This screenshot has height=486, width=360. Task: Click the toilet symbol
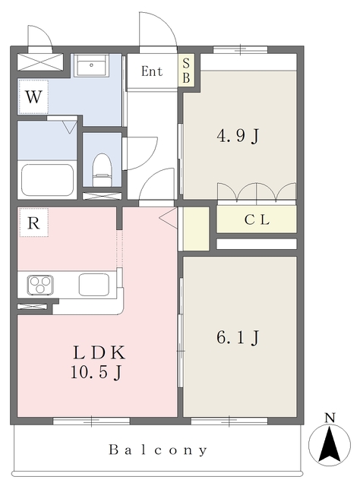102,170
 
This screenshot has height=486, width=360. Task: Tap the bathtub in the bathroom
47,180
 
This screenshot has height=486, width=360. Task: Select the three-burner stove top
40,285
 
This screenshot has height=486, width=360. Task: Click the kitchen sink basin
93,285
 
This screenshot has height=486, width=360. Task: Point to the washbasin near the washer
91,65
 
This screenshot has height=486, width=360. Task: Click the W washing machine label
33,96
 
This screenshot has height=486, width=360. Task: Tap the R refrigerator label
33,222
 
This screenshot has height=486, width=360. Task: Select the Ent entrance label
152,71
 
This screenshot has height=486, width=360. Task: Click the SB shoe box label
186,71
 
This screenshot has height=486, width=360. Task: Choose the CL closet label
257,219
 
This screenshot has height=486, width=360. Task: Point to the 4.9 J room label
238,136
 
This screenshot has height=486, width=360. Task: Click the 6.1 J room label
238,337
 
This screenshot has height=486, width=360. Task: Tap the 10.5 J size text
96,372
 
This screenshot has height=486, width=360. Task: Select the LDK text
99,352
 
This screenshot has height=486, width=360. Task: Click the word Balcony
158,450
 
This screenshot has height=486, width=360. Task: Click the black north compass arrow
330,444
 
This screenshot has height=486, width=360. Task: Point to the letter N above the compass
330,418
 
